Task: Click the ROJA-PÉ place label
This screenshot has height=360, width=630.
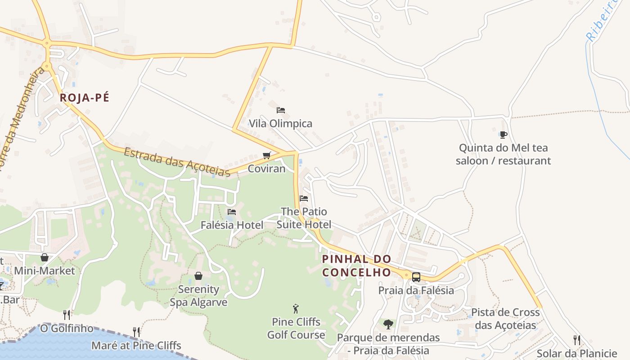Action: tap(85, 98)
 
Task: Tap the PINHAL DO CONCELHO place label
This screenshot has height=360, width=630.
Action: tap(356, 265)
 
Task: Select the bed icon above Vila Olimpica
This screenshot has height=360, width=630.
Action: tap(281, 110)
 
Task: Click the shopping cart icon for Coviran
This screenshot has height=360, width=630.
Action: tap(267, 156)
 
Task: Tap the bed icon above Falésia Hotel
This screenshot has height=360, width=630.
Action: tap(232, 212)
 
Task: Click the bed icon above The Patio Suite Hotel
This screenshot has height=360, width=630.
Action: tap(304, 198)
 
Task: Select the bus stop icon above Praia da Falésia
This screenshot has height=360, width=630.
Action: tap(416, 277)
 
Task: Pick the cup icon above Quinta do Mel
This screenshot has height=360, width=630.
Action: tap(503, 135)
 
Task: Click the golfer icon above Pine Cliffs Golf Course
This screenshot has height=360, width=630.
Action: tap(296, 309)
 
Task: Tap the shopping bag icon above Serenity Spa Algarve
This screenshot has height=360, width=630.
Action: tap(198, 276)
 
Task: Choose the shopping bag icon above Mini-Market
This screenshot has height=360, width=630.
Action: tap(45, 257)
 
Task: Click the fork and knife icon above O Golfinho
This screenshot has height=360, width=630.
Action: tap(67, 315)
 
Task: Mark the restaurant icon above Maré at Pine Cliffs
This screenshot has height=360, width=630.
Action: tap(136, 332)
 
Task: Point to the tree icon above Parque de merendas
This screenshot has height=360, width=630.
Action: tap(388, 324)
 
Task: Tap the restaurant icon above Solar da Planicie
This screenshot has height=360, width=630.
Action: tap(576, 340)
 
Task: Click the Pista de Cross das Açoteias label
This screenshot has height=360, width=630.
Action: tap(505, 319)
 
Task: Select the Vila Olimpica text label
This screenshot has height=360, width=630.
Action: tap(280, 124)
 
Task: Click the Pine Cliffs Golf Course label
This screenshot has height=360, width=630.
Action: tap(296, 328)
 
